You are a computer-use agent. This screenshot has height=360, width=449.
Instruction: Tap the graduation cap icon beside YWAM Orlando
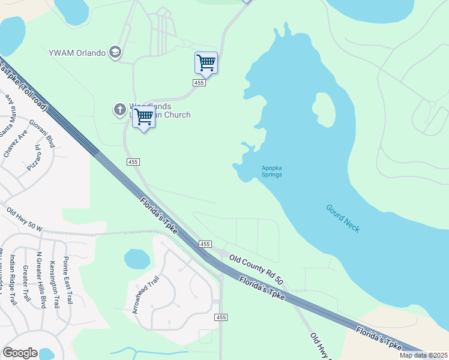[115, 53]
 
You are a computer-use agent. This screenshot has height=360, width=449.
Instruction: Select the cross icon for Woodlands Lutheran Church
[119, 110]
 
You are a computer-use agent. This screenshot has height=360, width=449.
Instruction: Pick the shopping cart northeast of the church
[206, 62]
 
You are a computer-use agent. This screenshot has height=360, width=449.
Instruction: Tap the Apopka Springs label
[271, 171]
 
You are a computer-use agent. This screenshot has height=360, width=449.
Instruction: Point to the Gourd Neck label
[343, 218]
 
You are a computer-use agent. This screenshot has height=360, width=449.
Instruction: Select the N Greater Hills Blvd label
[41, 280]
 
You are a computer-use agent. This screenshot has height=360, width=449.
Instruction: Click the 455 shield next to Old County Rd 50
[205, 244]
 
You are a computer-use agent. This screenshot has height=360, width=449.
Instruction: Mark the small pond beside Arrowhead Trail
[137, 259]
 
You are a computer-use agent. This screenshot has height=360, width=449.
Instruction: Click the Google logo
[20, 353]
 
